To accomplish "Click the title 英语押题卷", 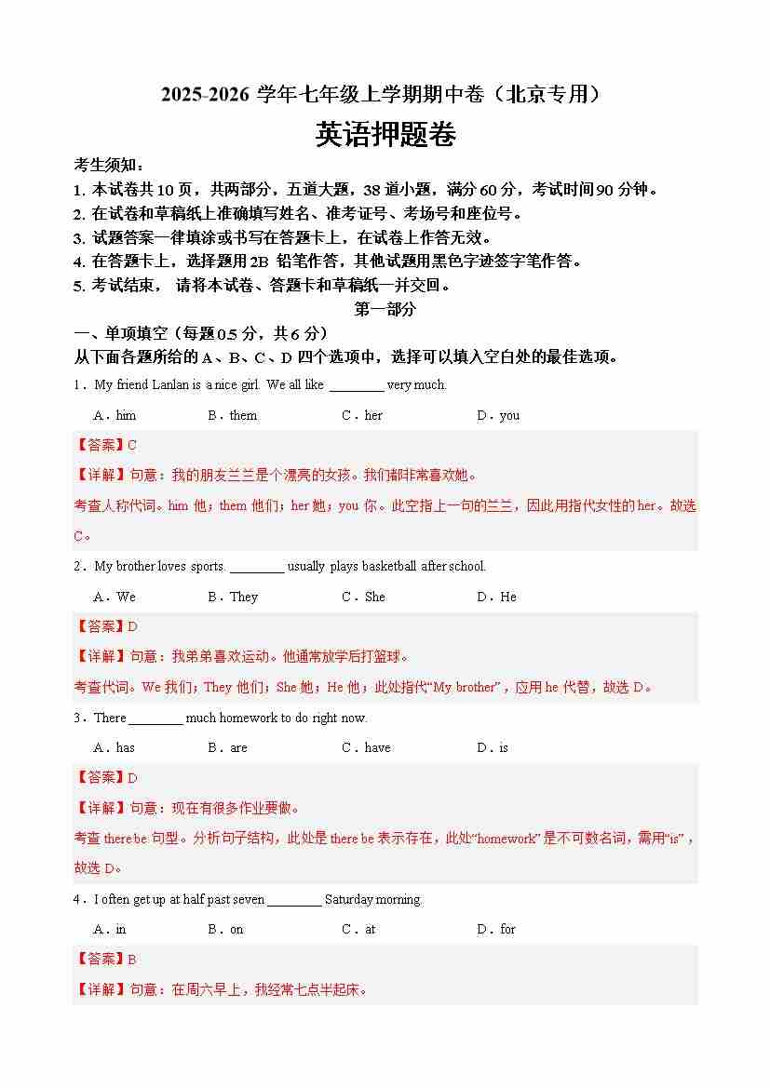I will point(385,136).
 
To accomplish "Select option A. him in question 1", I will point(115,415).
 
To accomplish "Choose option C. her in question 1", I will point(362,415).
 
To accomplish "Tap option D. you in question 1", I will point(498,415).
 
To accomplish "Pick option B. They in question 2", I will point(233,597).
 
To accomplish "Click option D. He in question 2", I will point(496,597).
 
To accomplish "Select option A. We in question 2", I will point(115,597).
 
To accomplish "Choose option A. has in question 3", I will point(115,747).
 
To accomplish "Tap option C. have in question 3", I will point(366,747).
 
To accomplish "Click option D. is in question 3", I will point(493,747).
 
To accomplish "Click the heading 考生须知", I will point(109,166).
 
